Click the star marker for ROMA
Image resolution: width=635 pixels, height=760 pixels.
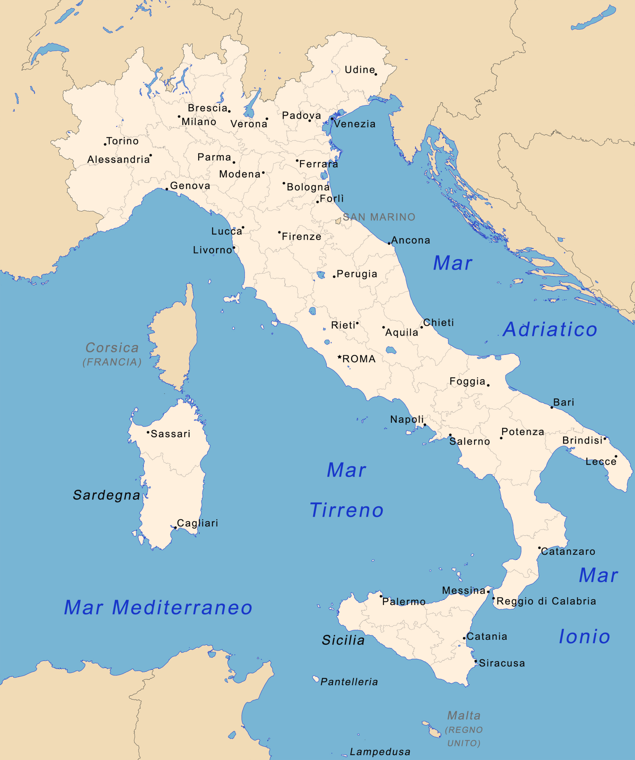pos(339,357)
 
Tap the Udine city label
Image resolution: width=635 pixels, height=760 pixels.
pos(359,69)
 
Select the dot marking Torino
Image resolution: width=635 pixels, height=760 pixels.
pos(105,144)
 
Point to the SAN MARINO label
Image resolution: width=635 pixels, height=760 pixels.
pos(379,217)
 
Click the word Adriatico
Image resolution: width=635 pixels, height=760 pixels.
pos(550,330)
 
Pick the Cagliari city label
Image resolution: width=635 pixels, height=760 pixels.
pos(197,523)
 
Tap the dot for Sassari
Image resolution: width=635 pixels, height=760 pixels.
pos(148,432)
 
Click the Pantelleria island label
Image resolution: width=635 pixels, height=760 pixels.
pos(349,682)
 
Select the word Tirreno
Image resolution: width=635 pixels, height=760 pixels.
pos(347,510)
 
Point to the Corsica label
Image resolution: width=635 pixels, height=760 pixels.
pos(112,348)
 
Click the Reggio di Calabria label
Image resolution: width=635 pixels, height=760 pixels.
pos(546,601)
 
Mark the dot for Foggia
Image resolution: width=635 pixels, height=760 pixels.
pos(488,385)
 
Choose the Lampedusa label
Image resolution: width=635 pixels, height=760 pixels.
pos(380,752)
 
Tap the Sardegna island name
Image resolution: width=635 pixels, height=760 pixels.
pos(106,495)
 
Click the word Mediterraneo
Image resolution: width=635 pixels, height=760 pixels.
pos(182,608)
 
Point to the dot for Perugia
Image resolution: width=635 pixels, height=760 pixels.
pos(334,276)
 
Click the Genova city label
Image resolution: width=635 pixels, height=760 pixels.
pos(190,186)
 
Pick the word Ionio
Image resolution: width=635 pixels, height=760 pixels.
pos(584,636)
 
